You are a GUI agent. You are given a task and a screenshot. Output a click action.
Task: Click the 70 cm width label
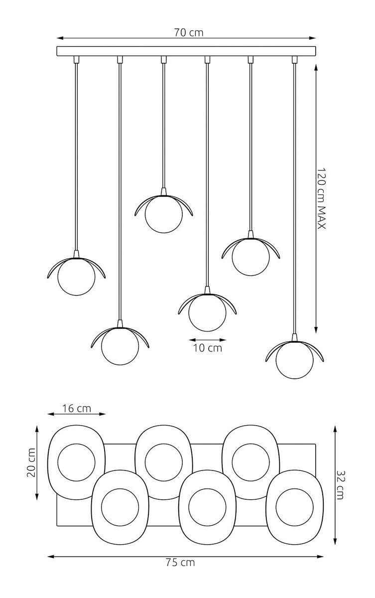[189, 33]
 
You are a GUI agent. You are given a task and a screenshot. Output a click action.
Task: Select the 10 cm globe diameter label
[207, 348]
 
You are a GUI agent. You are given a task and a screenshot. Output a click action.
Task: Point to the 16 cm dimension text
[77, 408]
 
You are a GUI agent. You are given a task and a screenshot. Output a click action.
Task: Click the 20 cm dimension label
[31, 462]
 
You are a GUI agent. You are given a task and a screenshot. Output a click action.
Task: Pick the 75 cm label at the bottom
[180, 563]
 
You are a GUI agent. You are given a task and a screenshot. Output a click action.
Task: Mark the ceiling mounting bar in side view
[187, 51]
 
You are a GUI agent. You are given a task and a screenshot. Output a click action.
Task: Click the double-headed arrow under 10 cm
[207, 340]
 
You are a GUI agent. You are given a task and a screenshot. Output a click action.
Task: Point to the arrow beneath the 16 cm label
[77, 414]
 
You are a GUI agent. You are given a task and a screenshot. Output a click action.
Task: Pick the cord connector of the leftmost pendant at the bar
[76, 60]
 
